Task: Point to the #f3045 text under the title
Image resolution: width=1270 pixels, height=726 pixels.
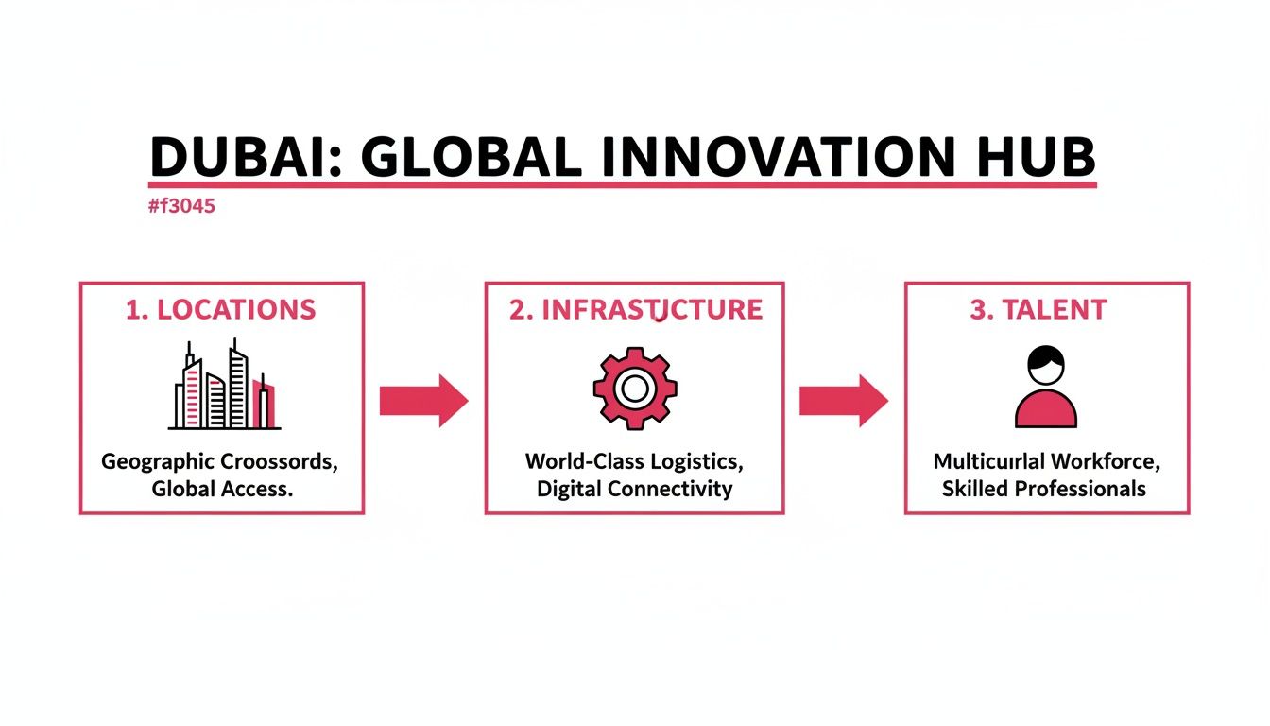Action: pos(181,206)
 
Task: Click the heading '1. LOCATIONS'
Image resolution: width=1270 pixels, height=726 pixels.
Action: pos(221,310)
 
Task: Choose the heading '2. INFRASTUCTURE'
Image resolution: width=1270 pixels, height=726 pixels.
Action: pos(635,310)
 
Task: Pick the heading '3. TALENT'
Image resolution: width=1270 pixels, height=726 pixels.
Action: pos(1038,310)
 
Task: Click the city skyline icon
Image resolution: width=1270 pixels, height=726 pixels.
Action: pos(224,389)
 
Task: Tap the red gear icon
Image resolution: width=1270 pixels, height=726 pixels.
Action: pos(635,389)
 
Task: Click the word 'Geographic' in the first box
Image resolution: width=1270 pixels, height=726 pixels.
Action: pos(158,463)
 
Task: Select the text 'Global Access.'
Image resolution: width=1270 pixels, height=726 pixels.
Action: pos(219,490)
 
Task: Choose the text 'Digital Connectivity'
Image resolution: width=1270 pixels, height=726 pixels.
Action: pos(634,490)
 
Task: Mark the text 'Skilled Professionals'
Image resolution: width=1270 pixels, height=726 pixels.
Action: pos(1044,490)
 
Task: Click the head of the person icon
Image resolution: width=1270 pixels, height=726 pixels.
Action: pos(1046,364)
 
